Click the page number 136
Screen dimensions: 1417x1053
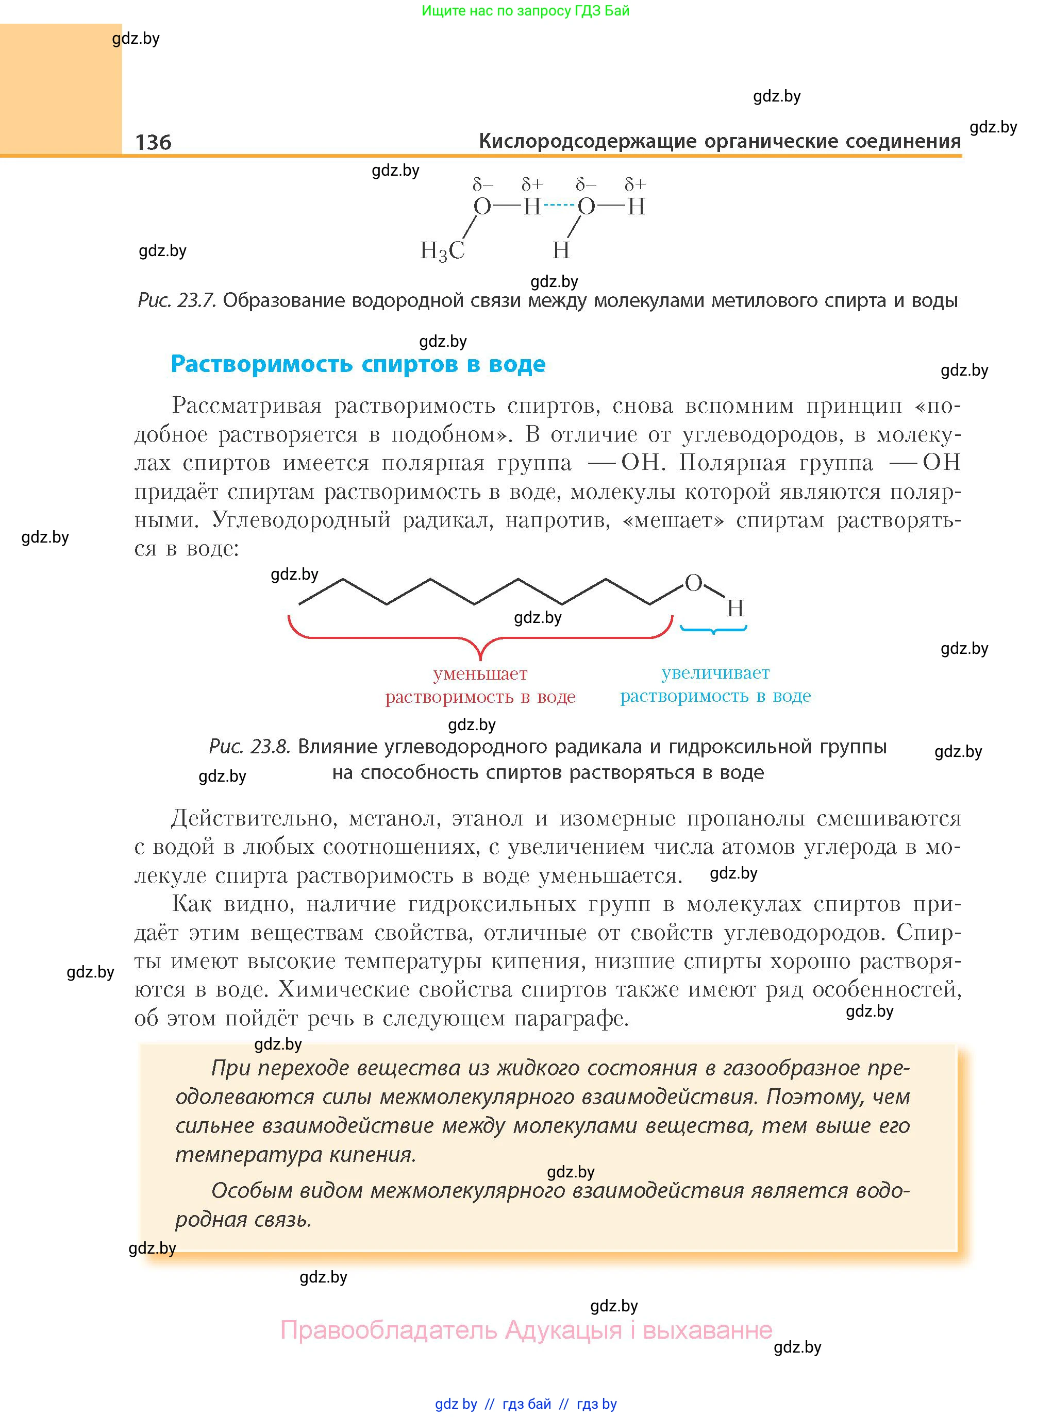(153, 142)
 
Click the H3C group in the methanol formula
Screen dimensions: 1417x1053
(442, 251)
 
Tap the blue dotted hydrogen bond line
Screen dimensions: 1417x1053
(559, 205)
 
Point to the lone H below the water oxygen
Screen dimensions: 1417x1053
(560, 250)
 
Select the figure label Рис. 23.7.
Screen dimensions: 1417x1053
(177, 300)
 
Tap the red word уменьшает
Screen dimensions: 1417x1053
(480, 673)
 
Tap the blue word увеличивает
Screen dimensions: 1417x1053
(715, 672)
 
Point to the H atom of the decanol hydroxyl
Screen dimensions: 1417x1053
(735, 609)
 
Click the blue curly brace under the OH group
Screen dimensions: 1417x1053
(713, 630)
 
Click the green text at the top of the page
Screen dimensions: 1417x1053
(525, 11)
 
